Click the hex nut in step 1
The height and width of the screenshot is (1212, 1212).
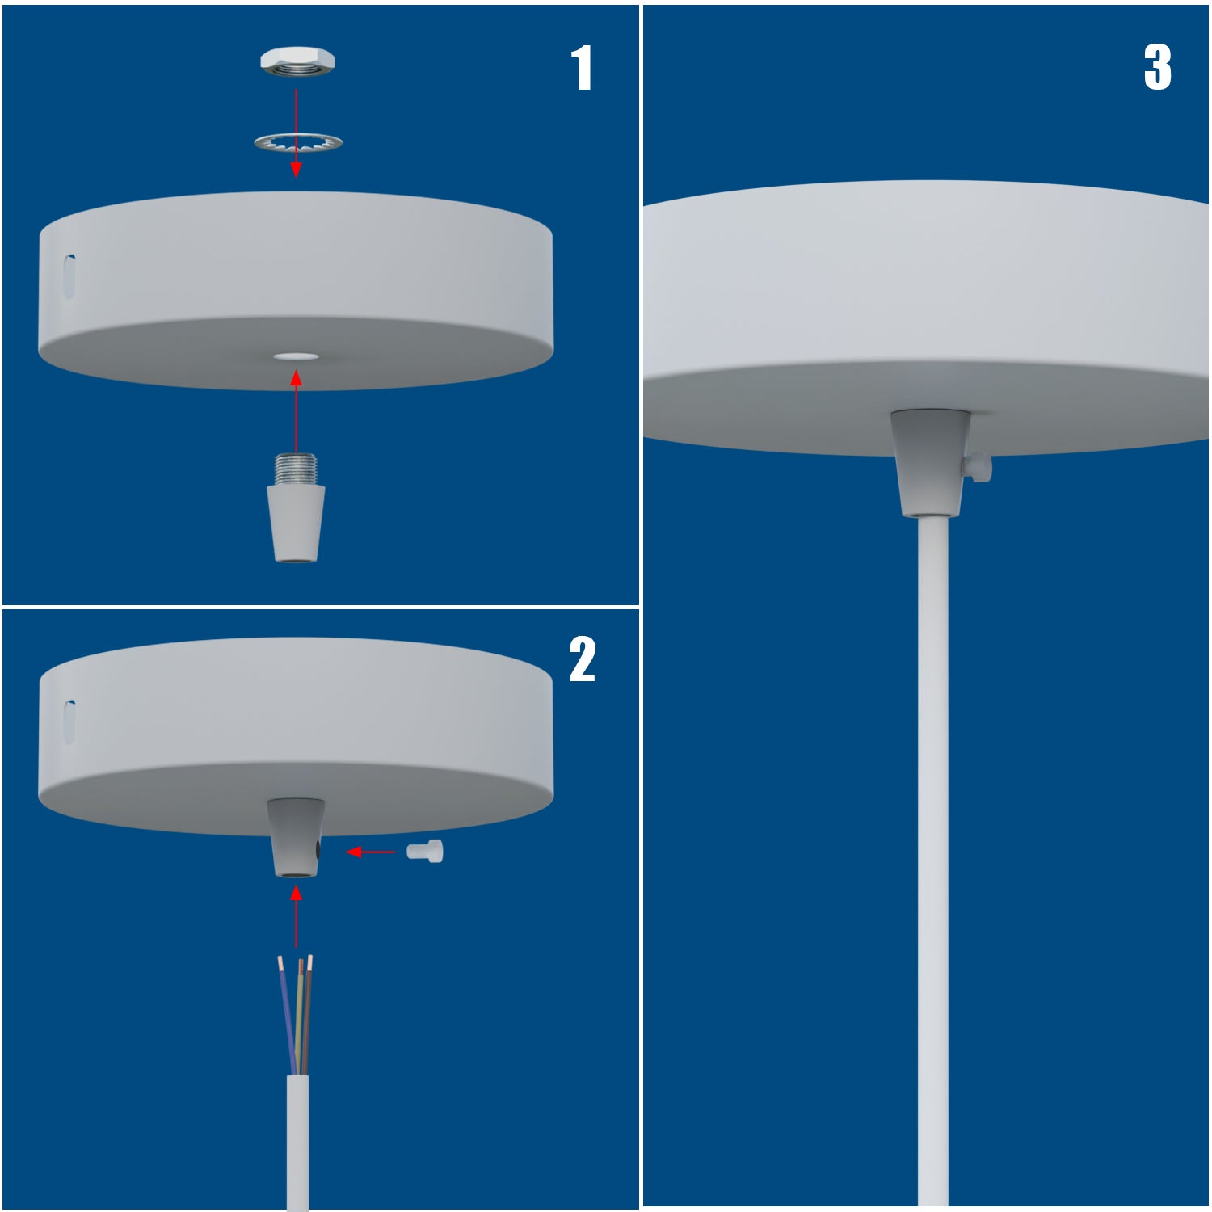coord(297,61)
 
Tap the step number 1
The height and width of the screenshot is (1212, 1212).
coord(582,68)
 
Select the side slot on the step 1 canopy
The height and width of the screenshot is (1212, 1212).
coord(70,276)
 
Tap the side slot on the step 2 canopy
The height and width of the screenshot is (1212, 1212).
coord(70,722)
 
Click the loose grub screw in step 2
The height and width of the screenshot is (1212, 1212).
coord(425,852)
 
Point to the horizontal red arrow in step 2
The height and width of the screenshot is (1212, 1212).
coord(370,852)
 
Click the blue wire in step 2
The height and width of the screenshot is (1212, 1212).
coord(286,1010)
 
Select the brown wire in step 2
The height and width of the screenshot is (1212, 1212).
coord(308,1010)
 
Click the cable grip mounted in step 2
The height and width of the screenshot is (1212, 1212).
coord(295,836)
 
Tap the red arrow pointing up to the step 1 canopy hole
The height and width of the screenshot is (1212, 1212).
coord(297,412)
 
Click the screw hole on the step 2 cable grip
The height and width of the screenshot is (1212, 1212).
coord(318,850)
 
